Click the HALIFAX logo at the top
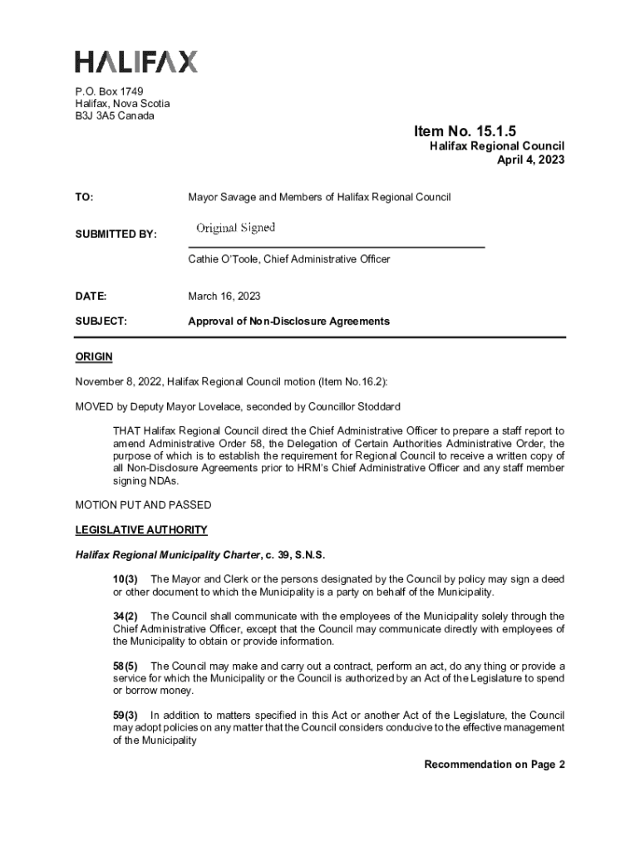[136, 61]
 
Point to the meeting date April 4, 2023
[530, 160]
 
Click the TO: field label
[84, 198]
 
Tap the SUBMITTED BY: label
[116, 235]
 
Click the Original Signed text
[235, 228]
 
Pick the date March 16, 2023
[224, 296]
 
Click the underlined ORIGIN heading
[94, 357]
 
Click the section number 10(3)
[126, 578]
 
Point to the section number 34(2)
[126, 616]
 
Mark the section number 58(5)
[126, 666]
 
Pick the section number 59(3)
[126, 716]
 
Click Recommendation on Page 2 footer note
[495, 765]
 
